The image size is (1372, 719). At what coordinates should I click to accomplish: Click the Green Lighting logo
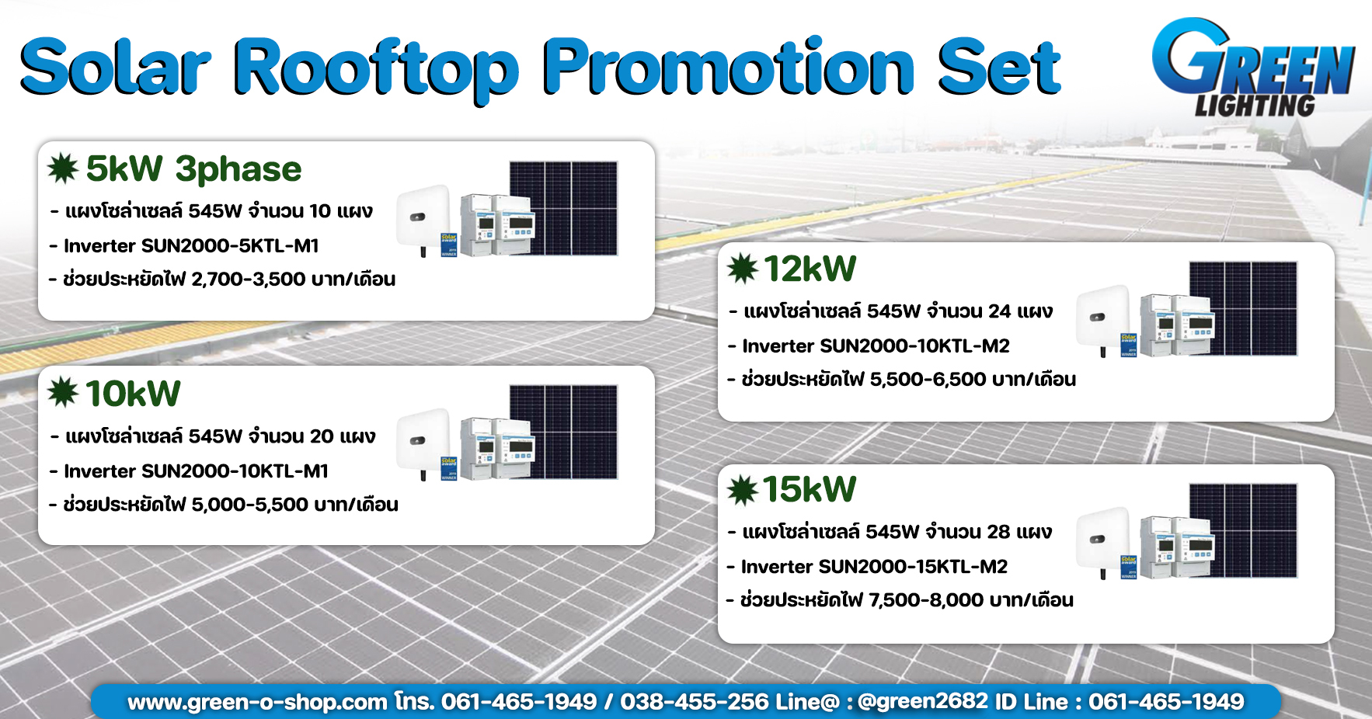coord(1253,68)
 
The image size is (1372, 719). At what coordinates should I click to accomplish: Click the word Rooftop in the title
coord(376,68)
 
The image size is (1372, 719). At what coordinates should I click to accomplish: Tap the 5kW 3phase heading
coord(193,169)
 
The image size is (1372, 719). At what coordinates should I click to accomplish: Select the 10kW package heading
coord(133,394)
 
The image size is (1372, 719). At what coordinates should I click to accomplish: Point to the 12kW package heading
coord(810,269)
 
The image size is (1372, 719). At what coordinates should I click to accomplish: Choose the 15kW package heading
coord(810,490)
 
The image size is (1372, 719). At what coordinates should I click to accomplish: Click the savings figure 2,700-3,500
coord(248,280)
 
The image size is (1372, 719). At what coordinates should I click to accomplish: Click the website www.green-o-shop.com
coord(257,703)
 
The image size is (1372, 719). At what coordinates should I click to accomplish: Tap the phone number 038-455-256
coord(695,702)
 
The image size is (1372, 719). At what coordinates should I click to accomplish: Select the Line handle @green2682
coord(923,701)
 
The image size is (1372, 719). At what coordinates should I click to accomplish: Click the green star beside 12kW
coord(743,269)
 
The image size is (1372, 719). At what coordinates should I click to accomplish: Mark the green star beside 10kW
coord(63,392)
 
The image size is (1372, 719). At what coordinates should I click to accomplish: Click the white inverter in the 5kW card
coord(423,218)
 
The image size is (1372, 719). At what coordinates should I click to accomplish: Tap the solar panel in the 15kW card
coord(1243,531)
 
